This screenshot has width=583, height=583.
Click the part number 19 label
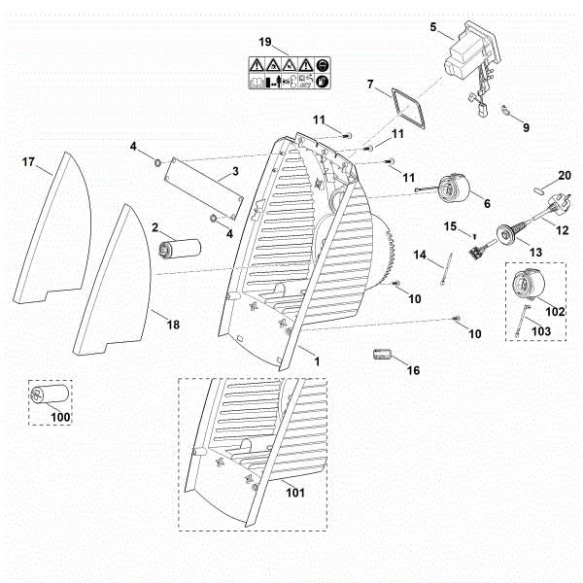(x=264, y=41)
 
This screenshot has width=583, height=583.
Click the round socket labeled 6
(x=453, y=189)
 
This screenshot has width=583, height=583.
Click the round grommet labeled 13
(x=507, y=233)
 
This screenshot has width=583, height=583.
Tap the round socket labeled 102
(x=529, y=290)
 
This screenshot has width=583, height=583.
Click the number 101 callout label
(x=294, y=493)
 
